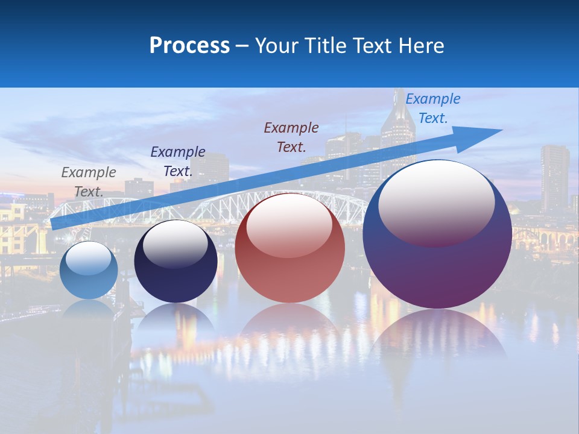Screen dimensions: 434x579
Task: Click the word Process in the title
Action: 189,46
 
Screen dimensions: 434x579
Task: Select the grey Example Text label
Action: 89,182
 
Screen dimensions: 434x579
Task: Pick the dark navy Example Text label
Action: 178,162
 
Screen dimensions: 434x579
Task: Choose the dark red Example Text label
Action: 291,137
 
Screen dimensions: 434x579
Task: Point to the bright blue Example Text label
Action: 432,108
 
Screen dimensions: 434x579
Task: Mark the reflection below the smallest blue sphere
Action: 89,310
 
